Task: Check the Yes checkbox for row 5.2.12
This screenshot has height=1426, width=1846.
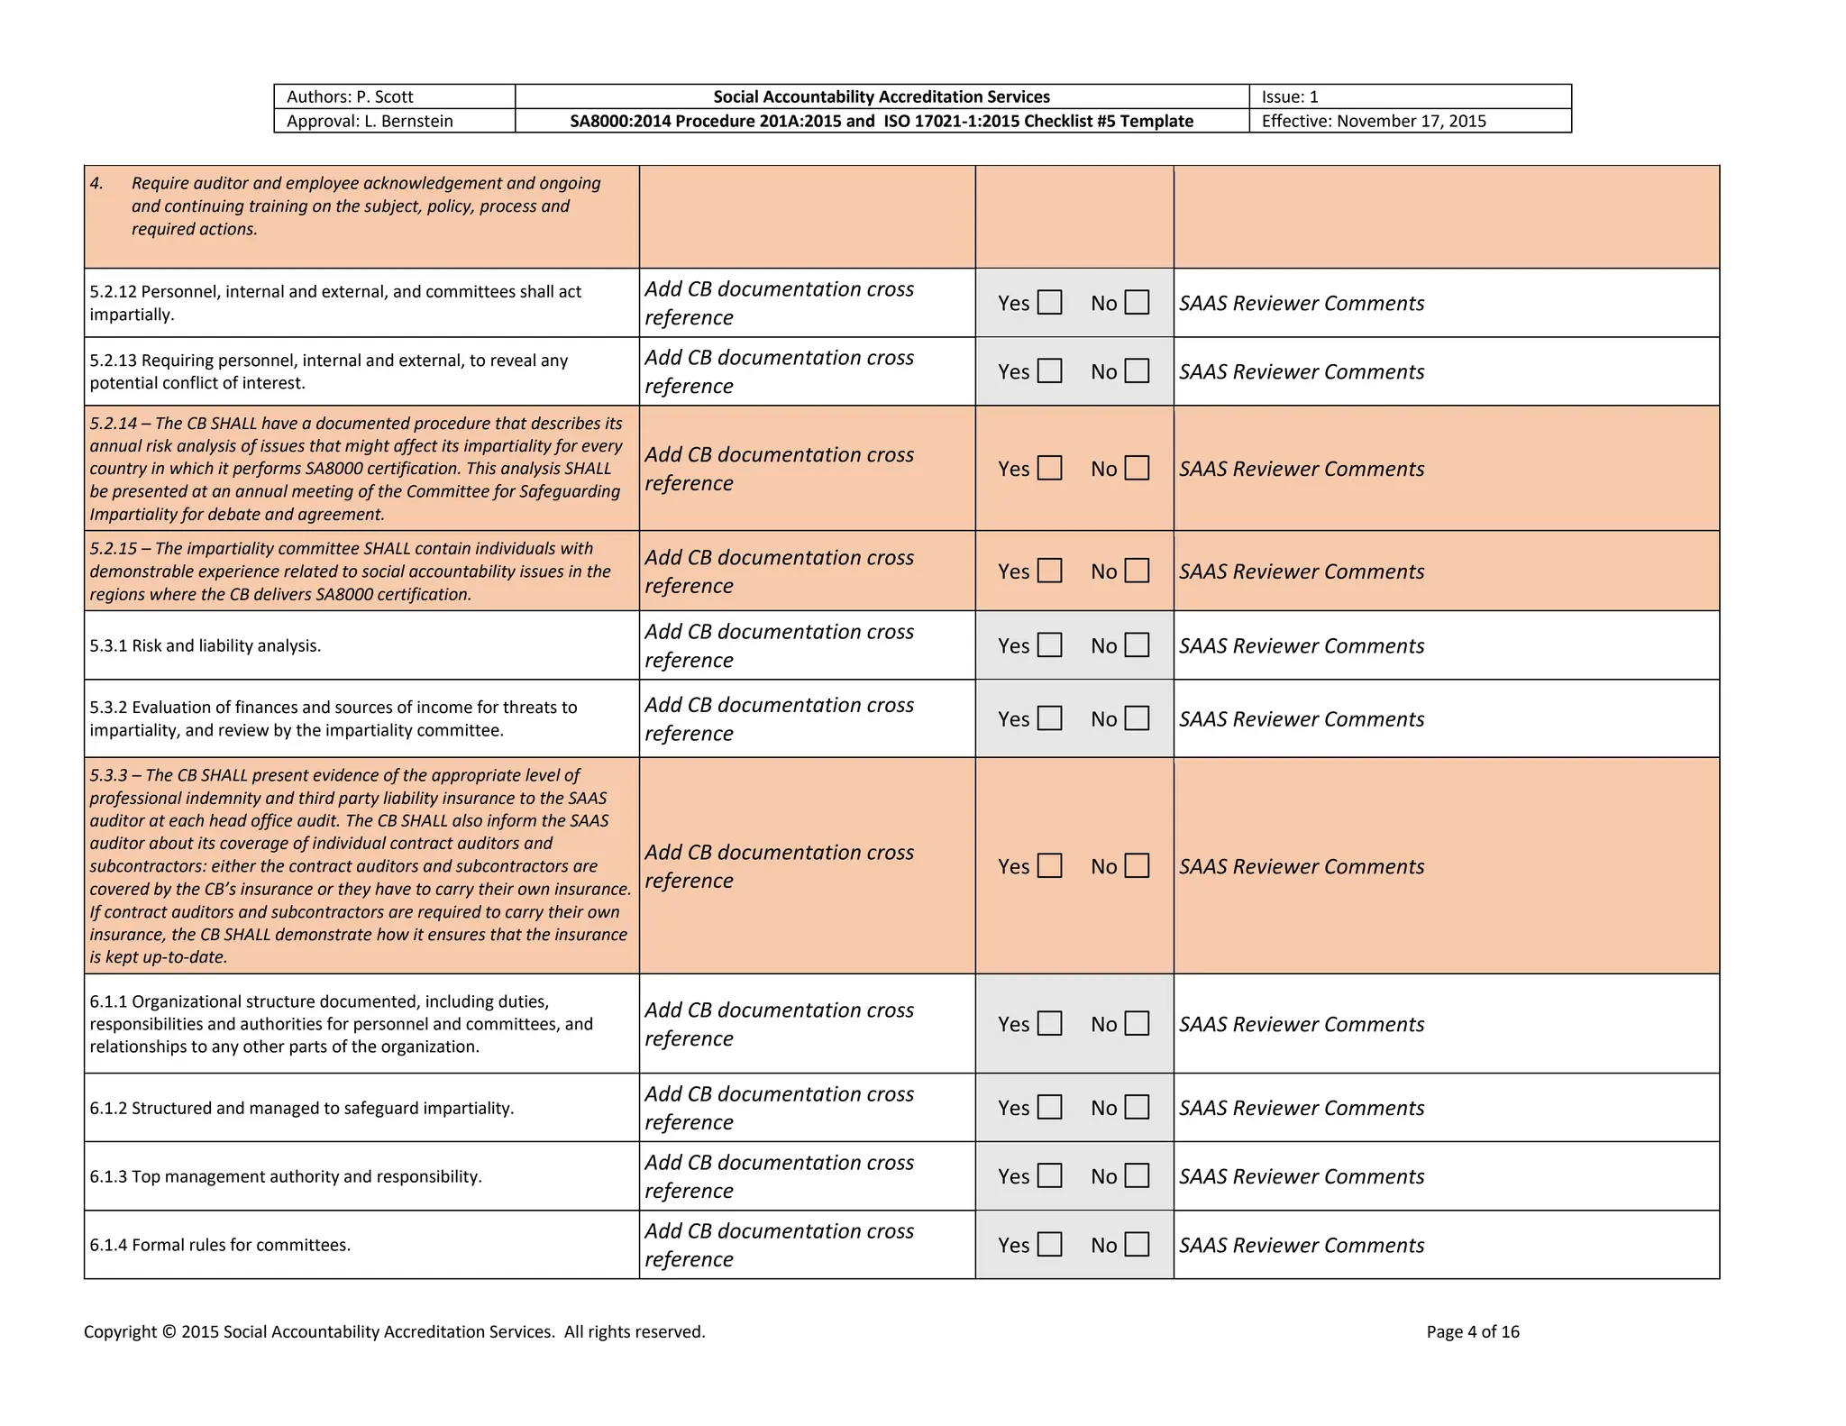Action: click(x=1049, y=302)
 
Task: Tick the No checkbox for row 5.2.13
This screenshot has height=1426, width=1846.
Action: click(x=1137, y=370)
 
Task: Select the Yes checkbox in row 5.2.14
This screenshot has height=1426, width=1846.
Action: click(x=1049, y=468)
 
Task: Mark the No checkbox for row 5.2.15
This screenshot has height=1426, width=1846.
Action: click(x=1137, y=571)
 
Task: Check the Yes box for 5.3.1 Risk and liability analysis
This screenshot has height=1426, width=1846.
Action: click(x=1049, y=644)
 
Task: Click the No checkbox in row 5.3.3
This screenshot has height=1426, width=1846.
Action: click(x=1137, y=865)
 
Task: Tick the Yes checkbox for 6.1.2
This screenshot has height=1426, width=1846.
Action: click(x=1049, y=1107)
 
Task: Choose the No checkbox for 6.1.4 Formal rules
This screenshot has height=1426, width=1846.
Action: click(x=1137, y=1244)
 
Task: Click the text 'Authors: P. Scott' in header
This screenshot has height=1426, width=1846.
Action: click(x=350, y=96)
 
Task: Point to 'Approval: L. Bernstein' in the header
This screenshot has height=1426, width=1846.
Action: click(x=370, y=121)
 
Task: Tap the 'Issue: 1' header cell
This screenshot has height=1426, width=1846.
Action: click(x=1290, y=96)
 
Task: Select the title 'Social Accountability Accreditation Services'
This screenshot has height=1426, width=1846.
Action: click(x=881, y=96)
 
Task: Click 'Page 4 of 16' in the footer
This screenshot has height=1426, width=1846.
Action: click(x=1472, y=1331)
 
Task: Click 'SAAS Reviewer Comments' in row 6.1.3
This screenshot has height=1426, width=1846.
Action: click(x=1301, y=1176)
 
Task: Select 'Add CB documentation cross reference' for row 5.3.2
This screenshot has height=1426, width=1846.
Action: click(x=779, y=718)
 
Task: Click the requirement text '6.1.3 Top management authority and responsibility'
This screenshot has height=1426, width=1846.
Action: click(x=286, y=1176)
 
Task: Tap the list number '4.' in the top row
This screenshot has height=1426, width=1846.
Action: click(x=96, y=183)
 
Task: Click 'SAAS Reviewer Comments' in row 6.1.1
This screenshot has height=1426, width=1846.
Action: click(x=1301, y=1024)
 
